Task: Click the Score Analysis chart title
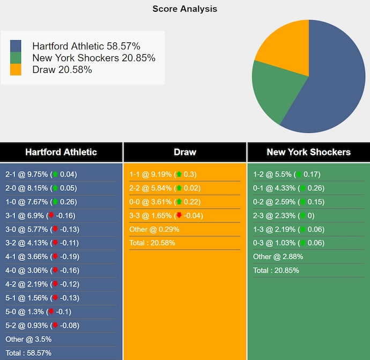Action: click(184, 9)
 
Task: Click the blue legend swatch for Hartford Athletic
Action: click(16, 46)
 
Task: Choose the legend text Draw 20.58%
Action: click(62, 70)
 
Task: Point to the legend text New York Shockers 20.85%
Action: click(94, 58)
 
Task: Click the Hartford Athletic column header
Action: click(61, 152)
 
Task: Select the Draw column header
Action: click(185, 152)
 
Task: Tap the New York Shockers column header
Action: click(308, 152)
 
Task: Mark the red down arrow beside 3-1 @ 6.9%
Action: click(51, 215)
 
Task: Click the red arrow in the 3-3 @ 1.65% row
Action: click(179, 215)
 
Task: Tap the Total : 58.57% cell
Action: click(28, 353)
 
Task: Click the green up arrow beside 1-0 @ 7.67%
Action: click(55, 202)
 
